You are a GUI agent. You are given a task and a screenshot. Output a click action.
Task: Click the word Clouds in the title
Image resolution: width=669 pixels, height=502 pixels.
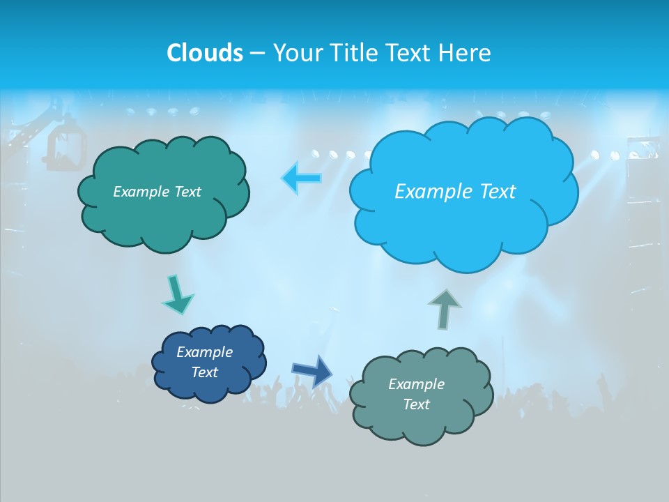(204, 53)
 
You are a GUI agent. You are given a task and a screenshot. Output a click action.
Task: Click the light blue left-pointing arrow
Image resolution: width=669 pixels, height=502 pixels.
(302, 178)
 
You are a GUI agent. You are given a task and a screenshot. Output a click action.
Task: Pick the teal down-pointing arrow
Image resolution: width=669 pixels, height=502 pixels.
(178, 295)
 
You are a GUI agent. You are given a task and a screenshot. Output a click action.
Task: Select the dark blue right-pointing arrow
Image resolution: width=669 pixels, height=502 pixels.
(312, 370)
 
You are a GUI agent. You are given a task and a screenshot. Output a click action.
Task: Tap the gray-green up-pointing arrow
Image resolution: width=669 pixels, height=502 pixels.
(445, 308)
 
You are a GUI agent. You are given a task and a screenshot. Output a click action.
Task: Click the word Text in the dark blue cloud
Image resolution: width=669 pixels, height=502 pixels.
(205, 372)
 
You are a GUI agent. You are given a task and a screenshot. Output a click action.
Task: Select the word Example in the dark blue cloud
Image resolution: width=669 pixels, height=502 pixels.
(205, 352)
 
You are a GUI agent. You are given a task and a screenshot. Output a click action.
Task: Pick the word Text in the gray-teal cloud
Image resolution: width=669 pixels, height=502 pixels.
(416, 404)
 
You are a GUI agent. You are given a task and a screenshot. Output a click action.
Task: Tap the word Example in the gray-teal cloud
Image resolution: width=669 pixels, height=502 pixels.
(416, 384)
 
